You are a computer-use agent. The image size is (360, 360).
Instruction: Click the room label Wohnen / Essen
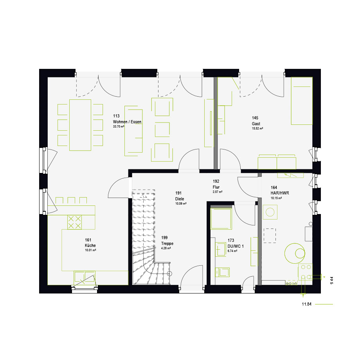click(x=127, y=122)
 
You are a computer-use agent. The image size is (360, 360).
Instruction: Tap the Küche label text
click(x=90, y=245)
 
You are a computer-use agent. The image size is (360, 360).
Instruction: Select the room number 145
click(x=255, y=118)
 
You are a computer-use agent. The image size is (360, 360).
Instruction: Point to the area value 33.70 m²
click(x=119, y=126)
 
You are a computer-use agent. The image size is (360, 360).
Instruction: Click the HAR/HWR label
click(x=280, y=193)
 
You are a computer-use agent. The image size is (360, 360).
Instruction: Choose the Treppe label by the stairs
click(x=167, y=244)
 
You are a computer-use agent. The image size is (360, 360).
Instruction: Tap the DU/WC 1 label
click(x=236, y=246)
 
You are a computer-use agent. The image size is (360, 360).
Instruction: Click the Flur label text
click(x=216, y=187)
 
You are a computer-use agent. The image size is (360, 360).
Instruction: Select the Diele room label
click(x=180, y=199)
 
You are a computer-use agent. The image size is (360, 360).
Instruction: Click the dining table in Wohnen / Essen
click(x=80, y=125)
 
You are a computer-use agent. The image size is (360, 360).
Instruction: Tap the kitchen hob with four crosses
click(x=74, y=222)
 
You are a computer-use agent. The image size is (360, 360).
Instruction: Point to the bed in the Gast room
click(x=302, y=101)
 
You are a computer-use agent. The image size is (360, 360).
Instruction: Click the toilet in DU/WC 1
click(x=222, y=272)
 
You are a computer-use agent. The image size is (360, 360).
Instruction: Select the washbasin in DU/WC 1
click(x=220, y=249)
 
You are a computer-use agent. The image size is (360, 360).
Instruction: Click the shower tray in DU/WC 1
click(x=221, y=219)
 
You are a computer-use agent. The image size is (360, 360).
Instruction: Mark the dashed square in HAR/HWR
click(x=270, y=236)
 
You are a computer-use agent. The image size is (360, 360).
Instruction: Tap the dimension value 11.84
click(x=306, y=304)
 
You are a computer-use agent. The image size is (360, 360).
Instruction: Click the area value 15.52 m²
click(x=257, y=129)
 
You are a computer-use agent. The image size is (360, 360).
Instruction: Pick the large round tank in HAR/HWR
click(x=295, y=254)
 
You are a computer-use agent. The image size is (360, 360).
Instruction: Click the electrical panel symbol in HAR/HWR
click(x=290, y=175)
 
